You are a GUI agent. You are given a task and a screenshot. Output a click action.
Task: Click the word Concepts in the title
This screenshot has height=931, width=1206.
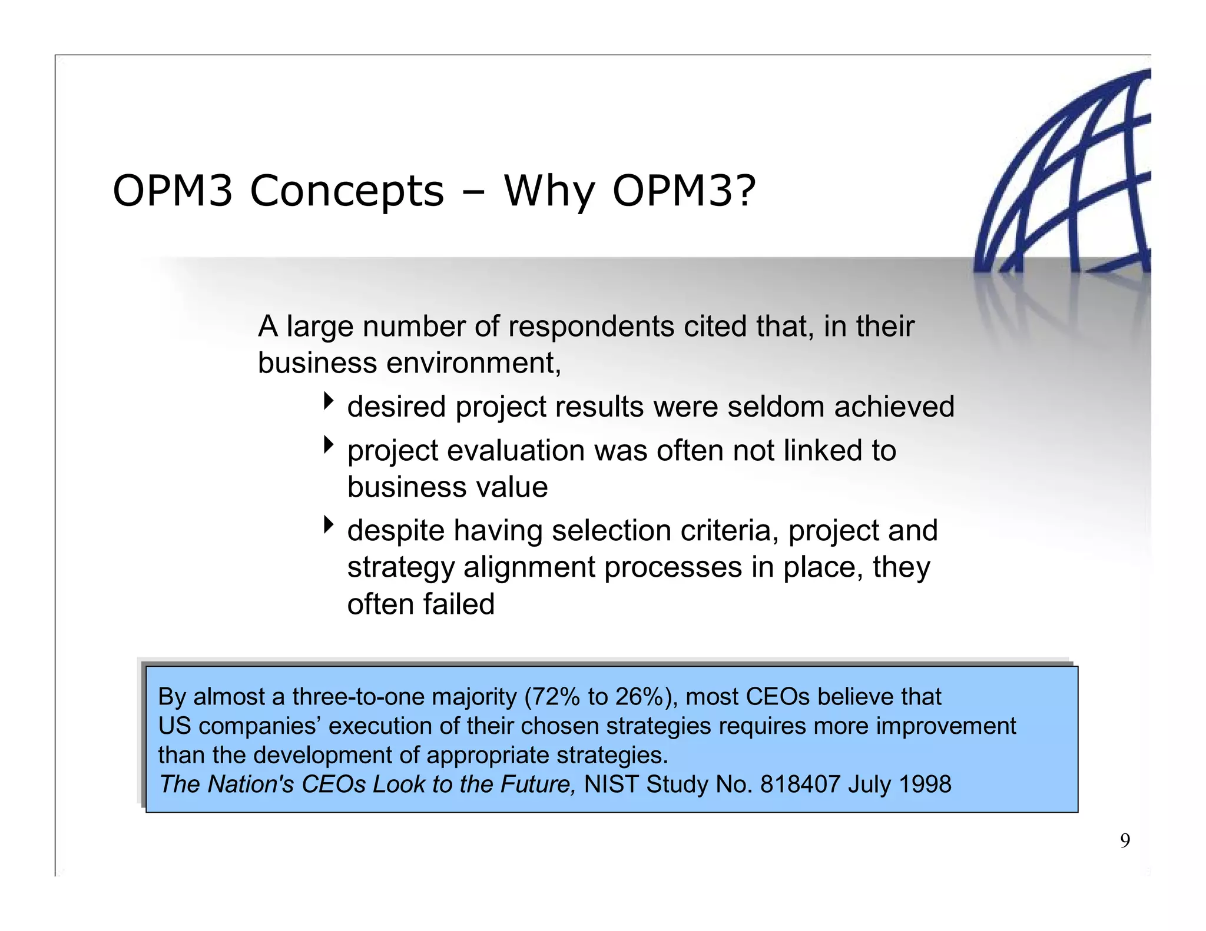(x=346, y=191)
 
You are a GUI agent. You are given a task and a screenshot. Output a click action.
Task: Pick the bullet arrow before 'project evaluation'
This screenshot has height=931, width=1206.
(x=329, y=445)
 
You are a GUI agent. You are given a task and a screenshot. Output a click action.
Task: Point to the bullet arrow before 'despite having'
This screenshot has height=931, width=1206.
(x=329, y=525)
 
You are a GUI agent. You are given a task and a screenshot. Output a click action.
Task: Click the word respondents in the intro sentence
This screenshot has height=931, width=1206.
(x=591, y=327)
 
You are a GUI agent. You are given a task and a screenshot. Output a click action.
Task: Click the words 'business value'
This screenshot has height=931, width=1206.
(x=448, y=487)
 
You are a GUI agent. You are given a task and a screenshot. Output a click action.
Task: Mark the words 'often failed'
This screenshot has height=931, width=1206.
(x=420, y=604)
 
